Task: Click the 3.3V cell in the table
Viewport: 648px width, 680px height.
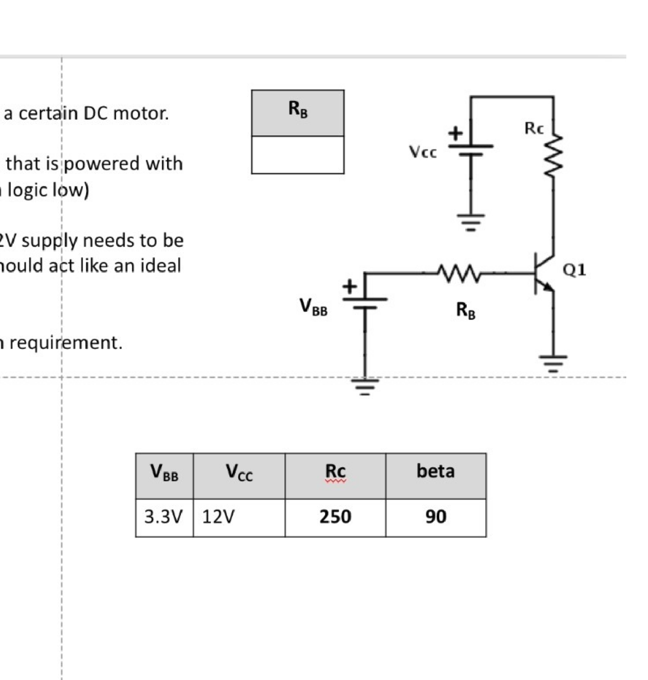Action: tap(164, 517)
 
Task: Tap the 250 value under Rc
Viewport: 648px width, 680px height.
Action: tap(335, 517)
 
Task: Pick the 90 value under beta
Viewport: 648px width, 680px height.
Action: tap(436, 517)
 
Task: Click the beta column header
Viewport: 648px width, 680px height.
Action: tap(436, 471)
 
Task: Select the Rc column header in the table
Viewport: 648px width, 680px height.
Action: tap(335, 471)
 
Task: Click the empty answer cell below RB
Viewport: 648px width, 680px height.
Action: tap(297, 155)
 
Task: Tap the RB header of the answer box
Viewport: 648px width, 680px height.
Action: tap(297, 110)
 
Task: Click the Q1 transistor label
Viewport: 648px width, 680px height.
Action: tap(575, 269)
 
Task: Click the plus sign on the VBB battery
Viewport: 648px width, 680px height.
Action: tap(349, 287)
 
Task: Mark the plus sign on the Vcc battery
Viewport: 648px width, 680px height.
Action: tap(455, 134)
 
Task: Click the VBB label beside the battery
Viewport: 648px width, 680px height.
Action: tap(313, 307)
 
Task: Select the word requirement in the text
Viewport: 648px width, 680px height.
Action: tap(66, 342)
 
